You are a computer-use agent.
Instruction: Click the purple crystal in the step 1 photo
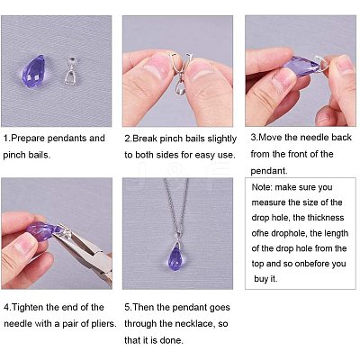[x=34, y=71]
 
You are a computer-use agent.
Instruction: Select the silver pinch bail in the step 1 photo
[x=71, y=71]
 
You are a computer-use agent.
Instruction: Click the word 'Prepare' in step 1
[x=28, y=139]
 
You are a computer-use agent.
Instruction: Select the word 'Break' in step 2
[x=145, y=139]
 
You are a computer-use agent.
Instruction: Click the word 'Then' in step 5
[x=142, y=307]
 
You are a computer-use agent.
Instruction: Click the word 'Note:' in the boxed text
[x=262, y=187]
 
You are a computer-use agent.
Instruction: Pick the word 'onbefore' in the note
[x=312, y=264]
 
